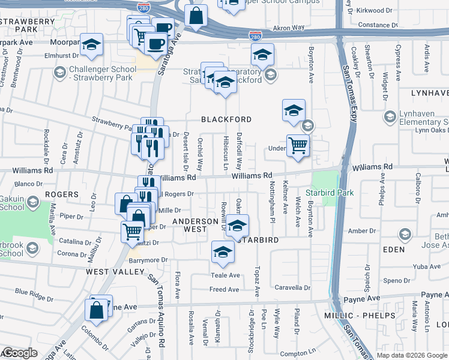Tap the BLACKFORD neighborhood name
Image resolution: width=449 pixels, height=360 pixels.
click(x=226, y=119)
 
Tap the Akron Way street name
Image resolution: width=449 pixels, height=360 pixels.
click(x=285, y=28)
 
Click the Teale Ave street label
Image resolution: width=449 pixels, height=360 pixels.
click(x=225, y=275)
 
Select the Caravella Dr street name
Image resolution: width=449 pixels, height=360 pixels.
click(x=292, y=287)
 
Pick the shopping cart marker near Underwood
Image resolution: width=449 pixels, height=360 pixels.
click(x=298, y=145)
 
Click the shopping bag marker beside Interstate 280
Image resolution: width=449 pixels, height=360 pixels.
click(x=196, y=17)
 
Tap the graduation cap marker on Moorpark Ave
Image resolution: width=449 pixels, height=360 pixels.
click(x=92, y=44)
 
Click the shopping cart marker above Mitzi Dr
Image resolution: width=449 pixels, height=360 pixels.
click(x=132, y=230)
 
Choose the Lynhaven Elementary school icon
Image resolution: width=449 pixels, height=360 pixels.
click(x=390, y=116)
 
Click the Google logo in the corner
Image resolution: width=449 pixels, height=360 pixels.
click(x=20, y=353)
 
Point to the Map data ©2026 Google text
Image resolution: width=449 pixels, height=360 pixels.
click(x=411, y=355)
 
